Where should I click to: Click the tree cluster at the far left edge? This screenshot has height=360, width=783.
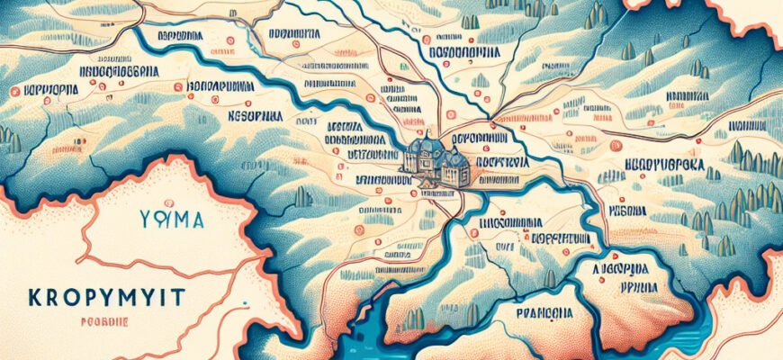[9, 139]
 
